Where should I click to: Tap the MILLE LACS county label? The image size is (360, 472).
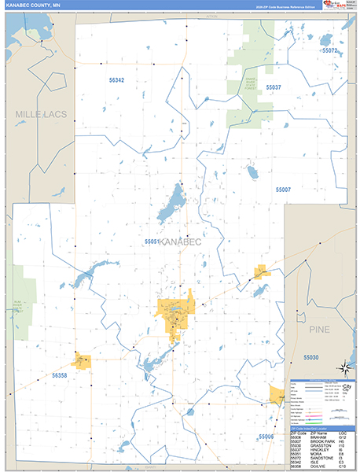(41, 115)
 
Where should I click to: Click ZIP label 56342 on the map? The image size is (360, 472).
(116, 80)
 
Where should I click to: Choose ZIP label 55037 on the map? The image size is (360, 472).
(274, 87)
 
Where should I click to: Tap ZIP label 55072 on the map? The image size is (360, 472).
(329, 50)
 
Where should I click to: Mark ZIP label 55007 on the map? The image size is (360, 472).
(283, 190)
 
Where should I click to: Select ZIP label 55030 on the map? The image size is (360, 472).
(311, 358)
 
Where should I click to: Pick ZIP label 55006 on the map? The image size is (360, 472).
(266, 436)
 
